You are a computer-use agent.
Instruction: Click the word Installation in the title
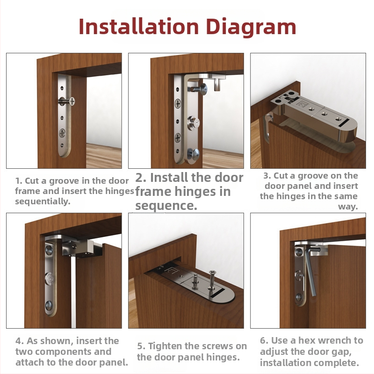pyautogui.click(x=138, y=27)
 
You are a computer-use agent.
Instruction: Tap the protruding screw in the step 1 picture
pyautogui.click(x=67, y=101)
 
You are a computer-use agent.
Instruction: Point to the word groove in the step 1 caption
pyautogui.click(x=64, y=181)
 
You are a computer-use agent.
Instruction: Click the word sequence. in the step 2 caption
pyautogui.click(x=166, y=205)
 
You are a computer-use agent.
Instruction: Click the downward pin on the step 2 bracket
pyautogui.click(x=217, y=85)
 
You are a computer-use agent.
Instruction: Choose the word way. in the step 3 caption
pyautogui.click(x=348, y=207)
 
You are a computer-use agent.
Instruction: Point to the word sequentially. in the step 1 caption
pyautogui.click(x=43, y=201)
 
